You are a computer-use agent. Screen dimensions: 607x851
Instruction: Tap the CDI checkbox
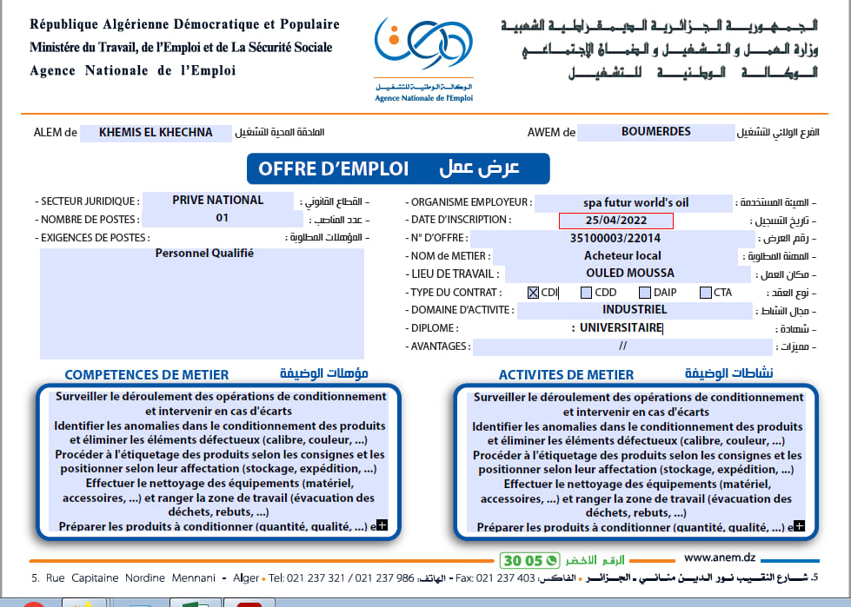(533, 293)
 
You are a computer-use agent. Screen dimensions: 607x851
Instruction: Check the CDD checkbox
(587, 293)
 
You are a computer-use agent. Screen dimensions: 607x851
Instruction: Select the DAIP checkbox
(646, 293)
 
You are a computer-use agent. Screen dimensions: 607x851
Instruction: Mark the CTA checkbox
(705, 293)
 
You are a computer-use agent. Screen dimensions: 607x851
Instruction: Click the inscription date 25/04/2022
(615, 221)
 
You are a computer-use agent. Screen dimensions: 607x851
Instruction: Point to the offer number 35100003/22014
(615, 238)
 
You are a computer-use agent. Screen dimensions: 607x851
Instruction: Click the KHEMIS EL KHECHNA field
(156, 133)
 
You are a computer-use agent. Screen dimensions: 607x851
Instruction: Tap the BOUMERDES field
(656, 132)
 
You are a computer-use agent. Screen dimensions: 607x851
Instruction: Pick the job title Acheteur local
(622, 255)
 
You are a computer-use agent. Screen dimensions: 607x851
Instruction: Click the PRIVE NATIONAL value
(217, 201)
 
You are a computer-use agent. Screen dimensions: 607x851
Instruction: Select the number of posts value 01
(223, 218)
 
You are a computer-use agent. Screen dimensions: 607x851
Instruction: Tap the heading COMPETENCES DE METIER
(147, 375)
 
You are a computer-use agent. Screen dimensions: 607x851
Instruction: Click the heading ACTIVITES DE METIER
(566, 375)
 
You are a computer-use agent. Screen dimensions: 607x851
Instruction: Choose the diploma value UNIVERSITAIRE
(621, 328)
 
